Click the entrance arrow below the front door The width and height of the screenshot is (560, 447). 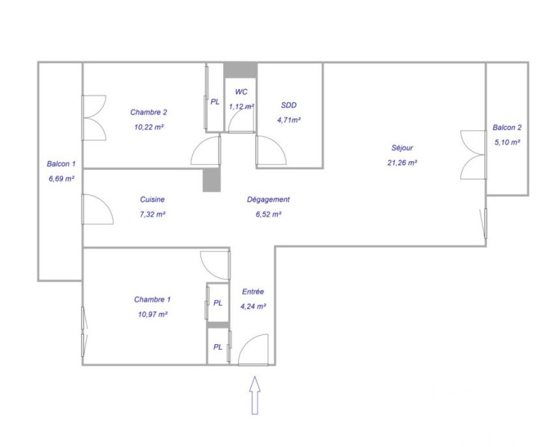click(x=255, y=395)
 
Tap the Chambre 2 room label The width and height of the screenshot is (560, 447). click(x=148, y=112)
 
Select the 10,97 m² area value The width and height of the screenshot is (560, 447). click(x=153, y=314)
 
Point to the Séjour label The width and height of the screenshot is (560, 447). click(x=402, y=148)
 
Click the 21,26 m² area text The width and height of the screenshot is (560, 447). click(x=402, y=163)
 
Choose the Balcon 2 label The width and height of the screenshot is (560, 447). click(x=507, y=128)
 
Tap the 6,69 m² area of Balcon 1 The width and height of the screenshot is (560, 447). click(x=61, y=179)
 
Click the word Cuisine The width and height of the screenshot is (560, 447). click(x=152, y=199)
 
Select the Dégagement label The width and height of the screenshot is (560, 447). click(x=268, y=199)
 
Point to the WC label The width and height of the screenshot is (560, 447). click(x=241, y=92)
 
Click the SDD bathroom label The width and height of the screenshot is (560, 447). click(x=288, y=105)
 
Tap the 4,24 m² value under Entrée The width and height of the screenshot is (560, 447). click(x=253, y=306)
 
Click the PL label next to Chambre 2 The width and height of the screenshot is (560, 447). click(x=215, y=102)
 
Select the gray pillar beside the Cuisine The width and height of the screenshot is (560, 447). click(x=212, y=180)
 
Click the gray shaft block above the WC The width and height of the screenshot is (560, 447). click(x=240, y=70)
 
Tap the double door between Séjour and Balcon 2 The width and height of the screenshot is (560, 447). click(x=473, y=155)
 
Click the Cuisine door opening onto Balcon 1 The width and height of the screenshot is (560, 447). click(x=98, y=209)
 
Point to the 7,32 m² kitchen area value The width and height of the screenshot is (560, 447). click(x=152, y=215)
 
